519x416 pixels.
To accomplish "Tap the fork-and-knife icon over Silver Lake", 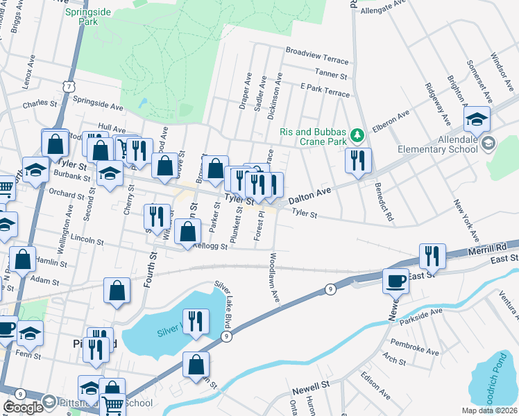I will coord(196,321).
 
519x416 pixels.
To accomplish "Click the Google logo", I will coord(23,407).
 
